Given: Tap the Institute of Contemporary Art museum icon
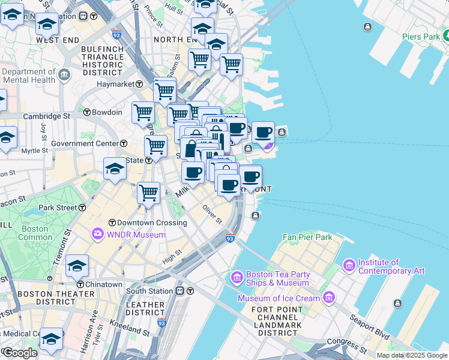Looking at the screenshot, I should click(349, 265).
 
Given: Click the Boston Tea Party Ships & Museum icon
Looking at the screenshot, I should click(237, 278).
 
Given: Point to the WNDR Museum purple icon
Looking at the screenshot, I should click(97, 233).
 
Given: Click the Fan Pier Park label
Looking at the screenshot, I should click(308, 237).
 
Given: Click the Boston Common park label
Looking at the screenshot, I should click(35, 233).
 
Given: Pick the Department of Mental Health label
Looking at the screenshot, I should click(28, 76).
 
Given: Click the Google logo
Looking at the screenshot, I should click(20, 353).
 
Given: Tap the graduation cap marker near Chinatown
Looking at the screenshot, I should click(77, 265).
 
